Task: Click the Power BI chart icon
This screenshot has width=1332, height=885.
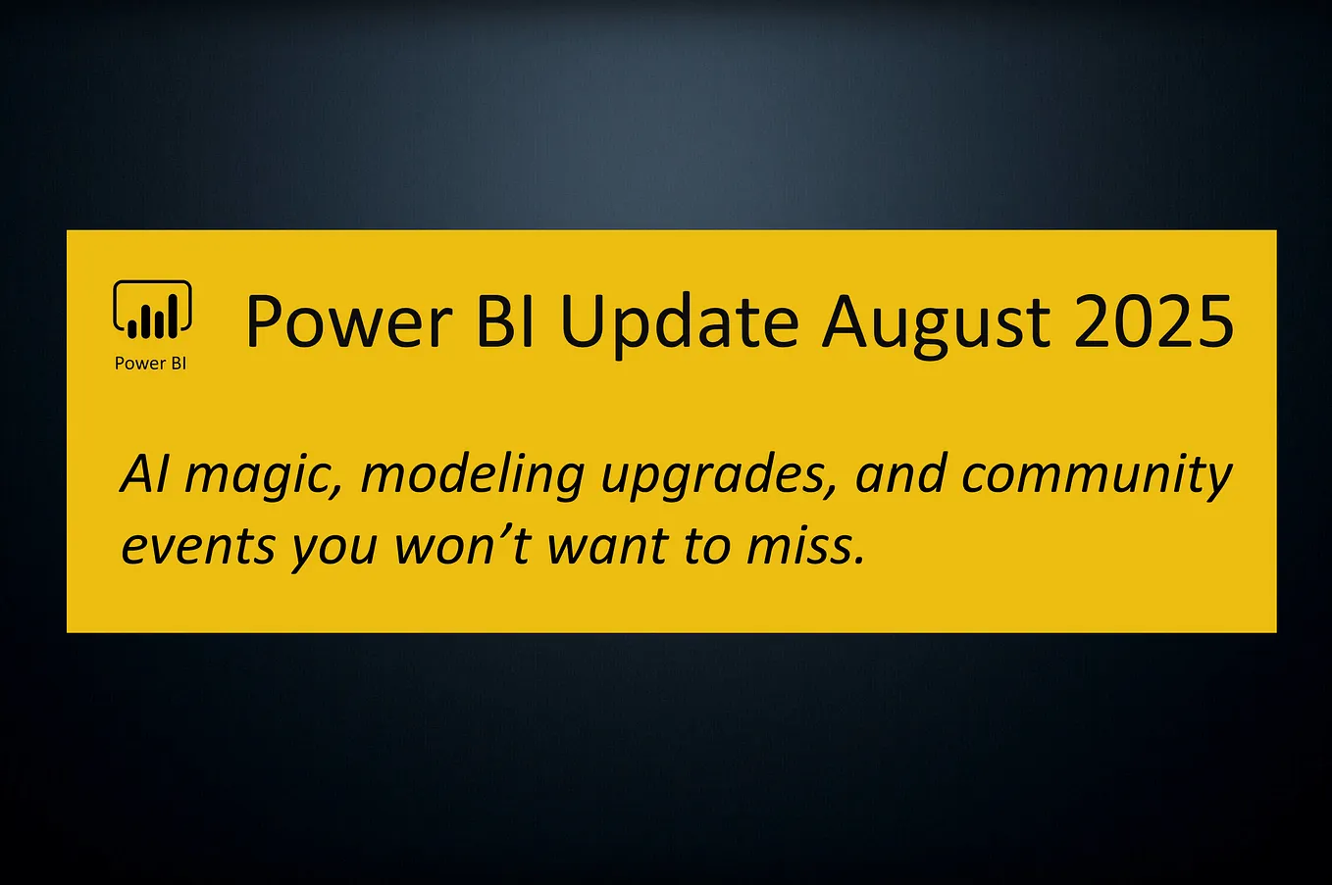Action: (x=152, y=312)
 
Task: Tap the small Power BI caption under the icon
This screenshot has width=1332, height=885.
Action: (x=150, y=364)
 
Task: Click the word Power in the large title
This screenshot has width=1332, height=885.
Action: (x=348, y=321)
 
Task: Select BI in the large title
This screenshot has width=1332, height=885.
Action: (x=506, y=321)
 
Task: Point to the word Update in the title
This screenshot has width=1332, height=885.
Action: (x=679, y=321)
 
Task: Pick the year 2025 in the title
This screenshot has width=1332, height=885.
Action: (x=1153, y=321)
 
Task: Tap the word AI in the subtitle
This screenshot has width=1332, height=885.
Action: (x=144, y=474)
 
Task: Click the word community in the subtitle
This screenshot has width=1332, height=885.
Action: (x=1096, y=476)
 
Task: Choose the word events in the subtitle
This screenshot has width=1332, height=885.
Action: (x=198, y=547)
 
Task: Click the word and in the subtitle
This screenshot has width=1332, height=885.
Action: (x=901, y=474)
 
